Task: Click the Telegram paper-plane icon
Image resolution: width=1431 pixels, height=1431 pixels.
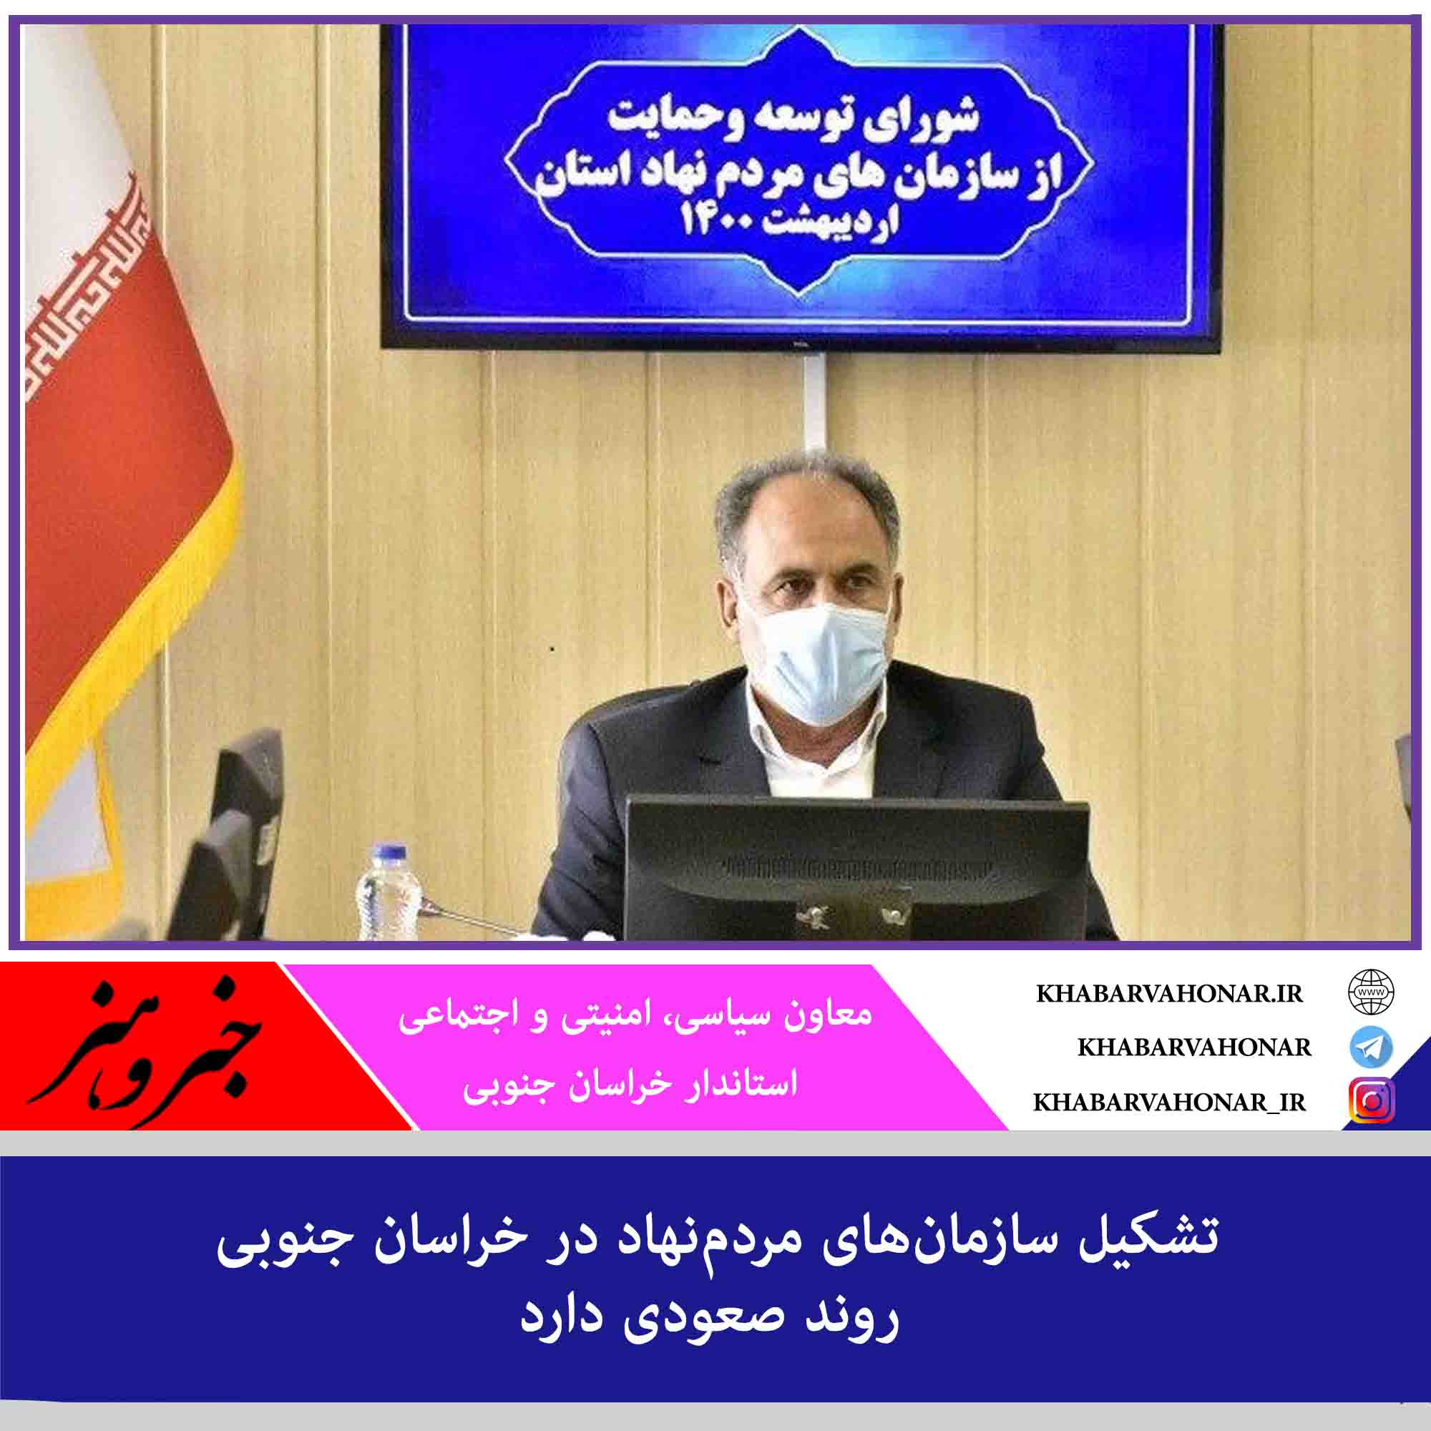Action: tap(1371, 1047)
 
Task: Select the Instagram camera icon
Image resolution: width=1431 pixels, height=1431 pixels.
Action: tap(1372, 1101)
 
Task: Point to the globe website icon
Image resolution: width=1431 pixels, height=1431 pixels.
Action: tap(1371, 992)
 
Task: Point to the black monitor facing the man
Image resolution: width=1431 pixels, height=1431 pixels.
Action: tap(857, 867)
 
